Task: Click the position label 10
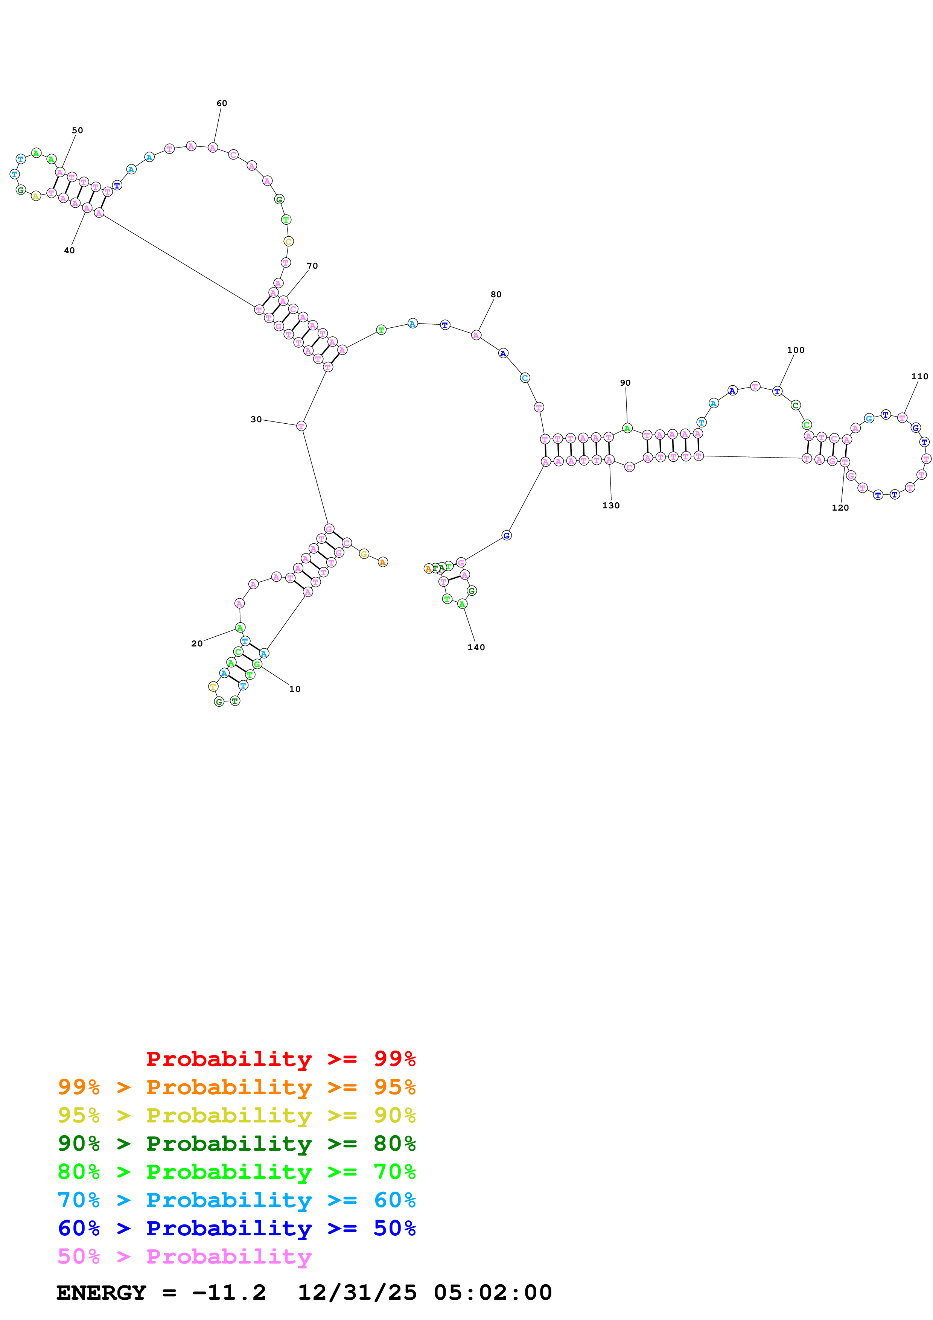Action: [294, 689]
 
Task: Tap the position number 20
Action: [196, 643]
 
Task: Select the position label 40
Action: [69, 250]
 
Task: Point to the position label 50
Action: [77, 131]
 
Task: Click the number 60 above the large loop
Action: [221, 103]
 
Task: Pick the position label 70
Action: [312, 266]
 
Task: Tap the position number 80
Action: [496, 294]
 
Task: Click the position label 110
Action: [919, 377]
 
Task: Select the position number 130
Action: [610, 505]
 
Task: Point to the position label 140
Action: [476, 647]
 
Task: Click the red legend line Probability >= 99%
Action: [280, 1058]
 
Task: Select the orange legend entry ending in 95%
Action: [236, 1087]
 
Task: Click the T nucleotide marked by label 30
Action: [301, 426]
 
